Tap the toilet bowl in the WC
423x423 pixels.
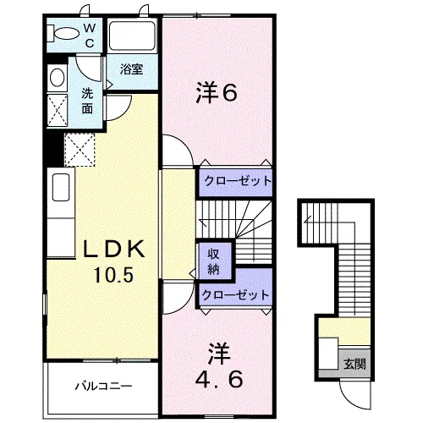[63, 35]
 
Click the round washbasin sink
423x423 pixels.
[58, 78]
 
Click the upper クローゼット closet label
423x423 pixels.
[235, 181]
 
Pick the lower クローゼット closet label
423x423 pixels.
[235, 295]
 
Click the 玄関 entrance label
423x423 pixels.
[355, 365]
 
